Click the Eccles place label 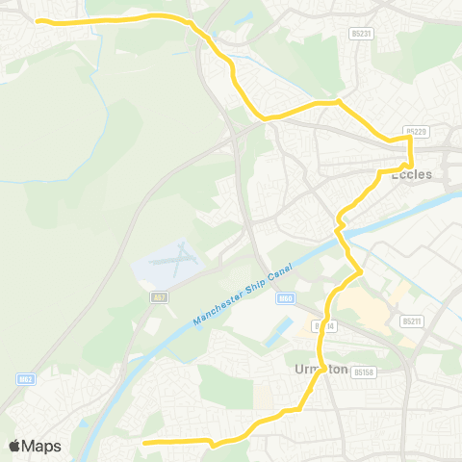click(438, 174)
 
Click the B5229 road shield click(415, 131)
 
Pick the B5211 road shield click(412, 321)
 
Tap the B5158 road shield click(362, 370)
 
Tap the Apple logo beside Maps click(15, 446)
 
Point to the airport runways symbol click(169, 261)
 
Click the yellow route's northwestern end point click(37, 20)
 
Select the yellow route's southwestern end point click(143, 443)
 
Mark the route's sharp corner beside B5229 click(411, 139)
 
